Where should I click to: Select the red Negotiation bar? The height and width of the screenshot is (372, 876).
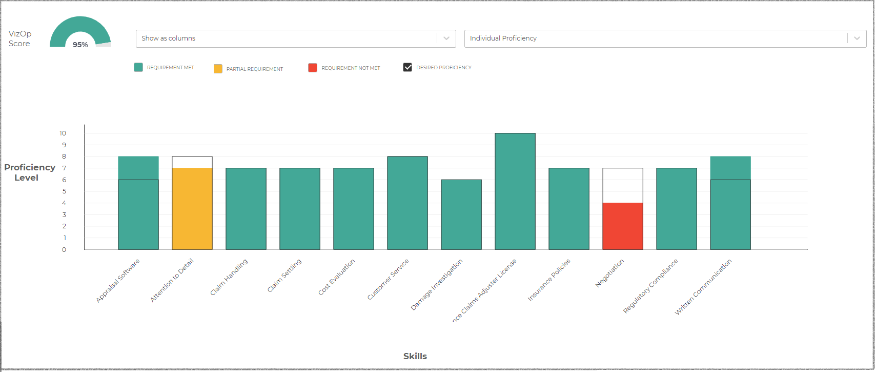pos(623,226)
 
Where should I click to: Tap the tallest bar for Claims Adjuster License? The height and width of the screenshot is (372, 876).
pos(515,191)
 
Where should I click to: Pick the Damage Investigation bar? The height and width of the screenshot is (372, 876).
pos(461,214)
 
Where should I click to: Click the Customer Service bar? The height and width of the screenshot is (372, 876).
pos(408,203)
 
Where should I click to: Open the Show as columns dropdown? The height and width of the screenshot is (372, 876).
pos(296,38)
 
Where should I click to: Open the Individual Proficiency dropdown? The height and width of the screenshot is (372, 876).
pos(665,38)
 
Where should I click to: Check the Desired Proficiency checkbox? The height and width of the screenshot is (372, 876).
pos(408,67)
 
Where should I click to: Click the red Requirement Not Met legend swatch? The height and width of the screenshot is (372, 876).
pos(313,68)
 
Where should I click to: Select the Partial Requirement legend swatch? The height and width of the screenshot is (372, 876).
pos(218,69)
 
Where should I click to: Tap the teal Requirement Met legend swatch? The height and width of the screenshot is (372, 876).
pos(138,67)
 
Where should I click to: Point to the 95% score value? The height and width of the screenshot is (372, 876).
pos(80,45)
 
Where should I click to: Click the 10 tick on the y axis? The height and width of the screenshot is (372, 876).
pos(63,133)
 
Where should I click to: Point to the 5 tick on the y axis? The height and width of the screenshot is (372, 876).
pos(64,191)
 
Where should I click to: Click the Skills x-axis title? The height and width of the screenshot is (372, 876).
pos(415,356)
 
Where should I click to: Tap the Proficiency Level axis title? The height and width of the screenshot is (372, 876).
pos(29,172)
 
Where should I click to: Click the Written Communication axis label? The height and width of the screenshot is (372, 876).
pos(703,287)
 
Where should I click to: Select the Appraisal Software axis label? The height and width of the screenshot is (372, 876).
pos(118,281)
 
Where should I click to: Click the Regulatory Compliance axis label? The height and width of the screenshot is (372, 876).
pos(650,286)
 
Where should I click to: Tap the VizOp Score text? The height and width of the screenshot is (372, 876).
pos(20,38)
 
